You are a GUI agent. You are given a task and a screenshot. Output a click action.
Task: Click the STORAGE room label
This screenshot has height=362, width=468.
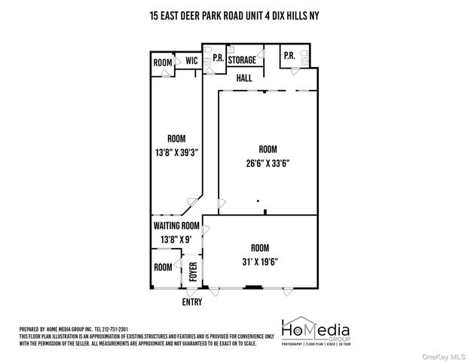click(242, 60)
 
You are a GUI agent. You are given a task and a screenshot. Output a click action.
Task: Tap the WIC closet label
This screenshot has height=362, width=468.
click(191, 60)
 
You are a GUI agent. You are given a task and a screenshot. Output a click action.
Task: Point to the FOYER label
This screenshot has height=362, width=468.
click(192, 271)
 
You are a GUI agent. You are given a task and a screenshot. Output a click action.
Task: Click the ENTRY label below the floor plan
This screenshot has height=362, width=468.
click(193, 302)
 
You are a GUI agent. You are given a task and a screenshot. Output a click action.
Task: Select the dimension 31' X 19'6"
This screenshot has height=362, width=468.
click(260, 262)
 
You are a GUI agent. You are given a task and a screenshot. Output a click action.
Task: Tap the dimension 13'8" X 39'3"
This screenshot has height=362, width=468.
click(176, 151)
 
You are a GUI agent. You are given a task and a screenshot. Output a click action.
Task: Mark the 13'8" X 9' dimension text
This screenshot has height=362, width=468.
click(176, 239)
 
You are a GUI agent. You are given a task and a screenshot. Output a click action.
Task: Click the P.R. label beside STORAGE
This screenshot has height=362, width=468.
click(217, 57)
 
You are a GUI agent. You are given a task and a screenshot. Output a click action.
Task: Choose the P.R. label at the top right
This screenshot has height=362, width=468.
click(289, 56)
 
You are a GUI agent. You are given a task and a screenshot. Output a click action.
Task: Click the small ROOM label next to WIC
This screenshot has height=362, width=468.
click(163, 63)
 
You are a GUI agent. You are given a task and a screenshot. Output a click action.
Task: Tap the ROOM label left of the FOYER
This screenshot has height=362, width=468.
click(164, 268)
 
